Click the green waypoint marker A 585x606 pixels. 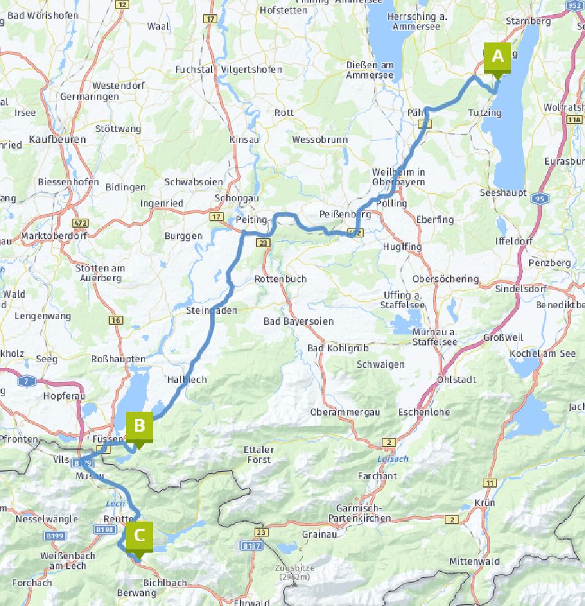[497, 57]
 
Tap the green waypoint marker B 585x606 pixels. [139, 426]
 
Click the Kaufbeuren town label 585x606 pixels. [57, 139]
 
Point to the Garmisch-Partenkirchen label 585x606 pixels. [359, 513]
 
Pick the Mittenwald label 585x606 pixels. [474, 561]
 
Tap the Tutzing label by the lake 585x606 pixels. [485, 113]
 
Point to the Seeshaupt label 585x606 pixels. [503, 192]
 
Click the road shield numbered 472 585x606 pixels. [80, 223]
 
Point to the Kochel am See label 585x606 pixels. [542, 354]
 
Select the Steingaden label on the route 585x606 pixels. [212, 311]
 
